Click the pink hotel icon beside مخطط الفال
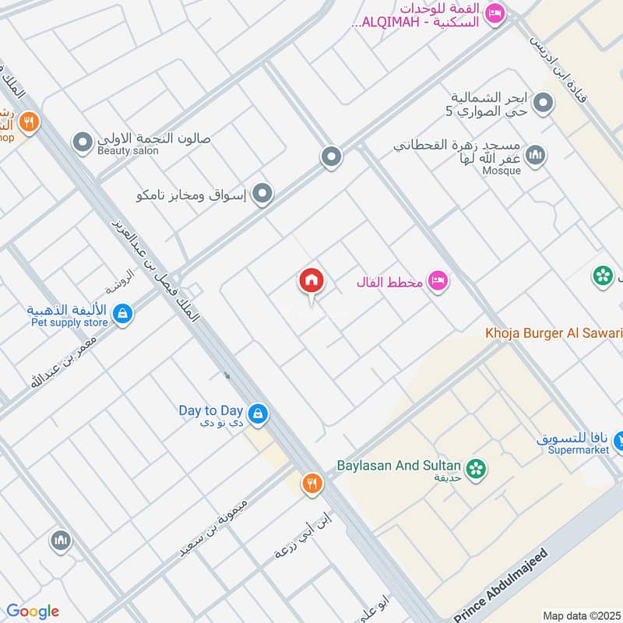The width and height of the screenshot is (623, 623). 438,281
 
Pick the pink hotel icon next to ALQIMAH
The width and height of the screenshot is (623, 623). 494,13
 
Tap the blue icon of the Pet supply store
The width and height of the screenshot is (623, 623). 121,314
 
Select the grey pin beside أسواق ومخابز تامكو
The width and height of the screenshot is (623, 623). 263,194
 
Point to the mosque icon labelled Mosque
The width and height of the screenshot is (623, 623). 535,157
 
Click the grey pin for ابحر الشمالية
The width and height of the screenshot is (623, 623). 544,103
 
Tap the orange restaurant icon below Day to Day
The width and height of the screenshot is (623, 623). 312,484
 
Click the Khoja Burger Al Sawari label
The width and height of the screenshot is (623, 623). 554,333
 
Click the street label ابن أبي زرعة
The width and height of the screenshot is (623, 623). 303,533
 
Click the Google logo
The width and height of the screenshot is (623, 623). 33,611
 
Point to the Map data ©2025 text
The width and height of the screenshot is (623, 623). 580,615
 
